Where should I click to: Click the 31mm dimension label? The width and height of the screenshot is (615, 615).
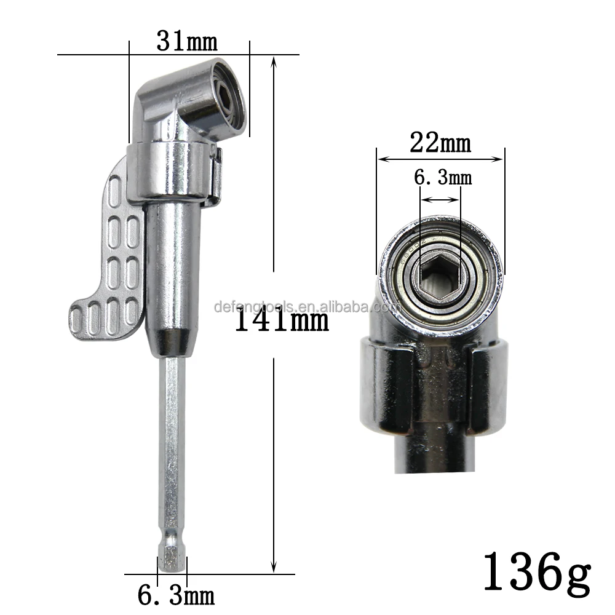click(187, 41)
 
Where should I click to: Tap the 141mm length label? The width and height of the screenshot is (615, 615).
click(282, 320)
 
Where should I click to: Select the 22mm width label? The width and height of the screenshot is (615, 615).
click(440, 143)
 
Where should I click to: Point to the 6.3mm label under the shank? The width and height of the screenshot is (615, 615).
click(175, 596)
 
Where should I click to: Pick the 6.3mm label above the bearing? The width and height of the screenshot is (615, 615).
click(442, 178)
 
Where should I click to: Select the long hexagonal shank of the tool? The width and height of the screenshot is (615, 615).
click(172, 443)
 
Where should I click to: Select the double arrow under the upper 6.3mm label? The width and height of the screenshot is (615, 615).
click(440, 199)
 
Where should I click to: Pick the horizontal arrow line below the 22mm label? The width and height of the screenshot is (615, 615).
click(440, 159)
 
